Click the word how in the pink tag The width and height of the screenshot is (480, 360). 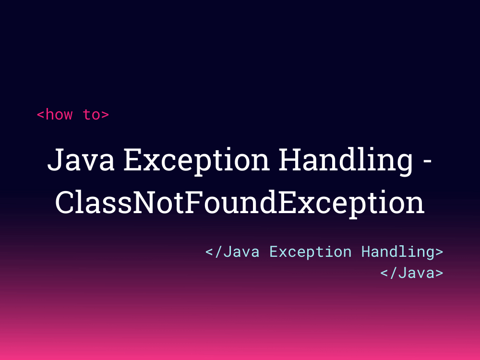(x=59, y=115)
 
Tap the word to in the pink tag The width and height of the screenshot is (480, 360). (x=92, y=115)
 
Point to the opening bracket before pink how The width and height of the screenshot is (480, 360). (x=41, y=115)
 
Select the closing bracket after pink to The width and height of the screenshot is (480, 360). (x=105, y=115)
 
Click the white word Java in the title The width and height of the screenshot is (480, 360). (x=81, y=160)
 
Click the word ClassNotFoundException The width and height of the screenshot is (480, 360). (x=240, y=203)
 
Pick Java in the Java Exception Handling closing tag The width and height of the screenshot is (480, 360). (x=241, y=252)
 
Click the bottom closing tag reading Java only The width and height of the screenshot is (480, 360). (x=412, y=273)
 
